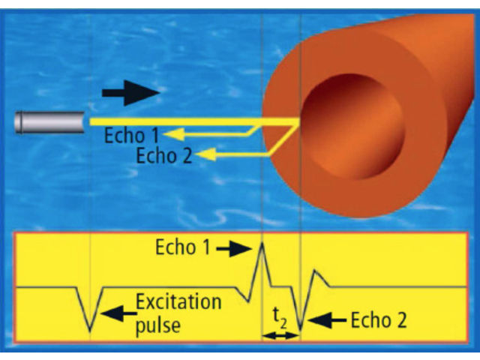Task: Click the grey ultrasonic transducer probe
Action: pos(49,122)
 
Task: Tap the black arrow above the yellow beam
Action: pos(130,94)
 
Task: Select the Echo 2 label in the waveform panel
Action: pos(378,320)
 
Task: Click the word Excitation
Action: pos(178,303)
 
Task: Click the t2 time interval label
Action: pos(279,319)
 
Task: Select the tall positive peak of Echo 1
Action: pos(262,244)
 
